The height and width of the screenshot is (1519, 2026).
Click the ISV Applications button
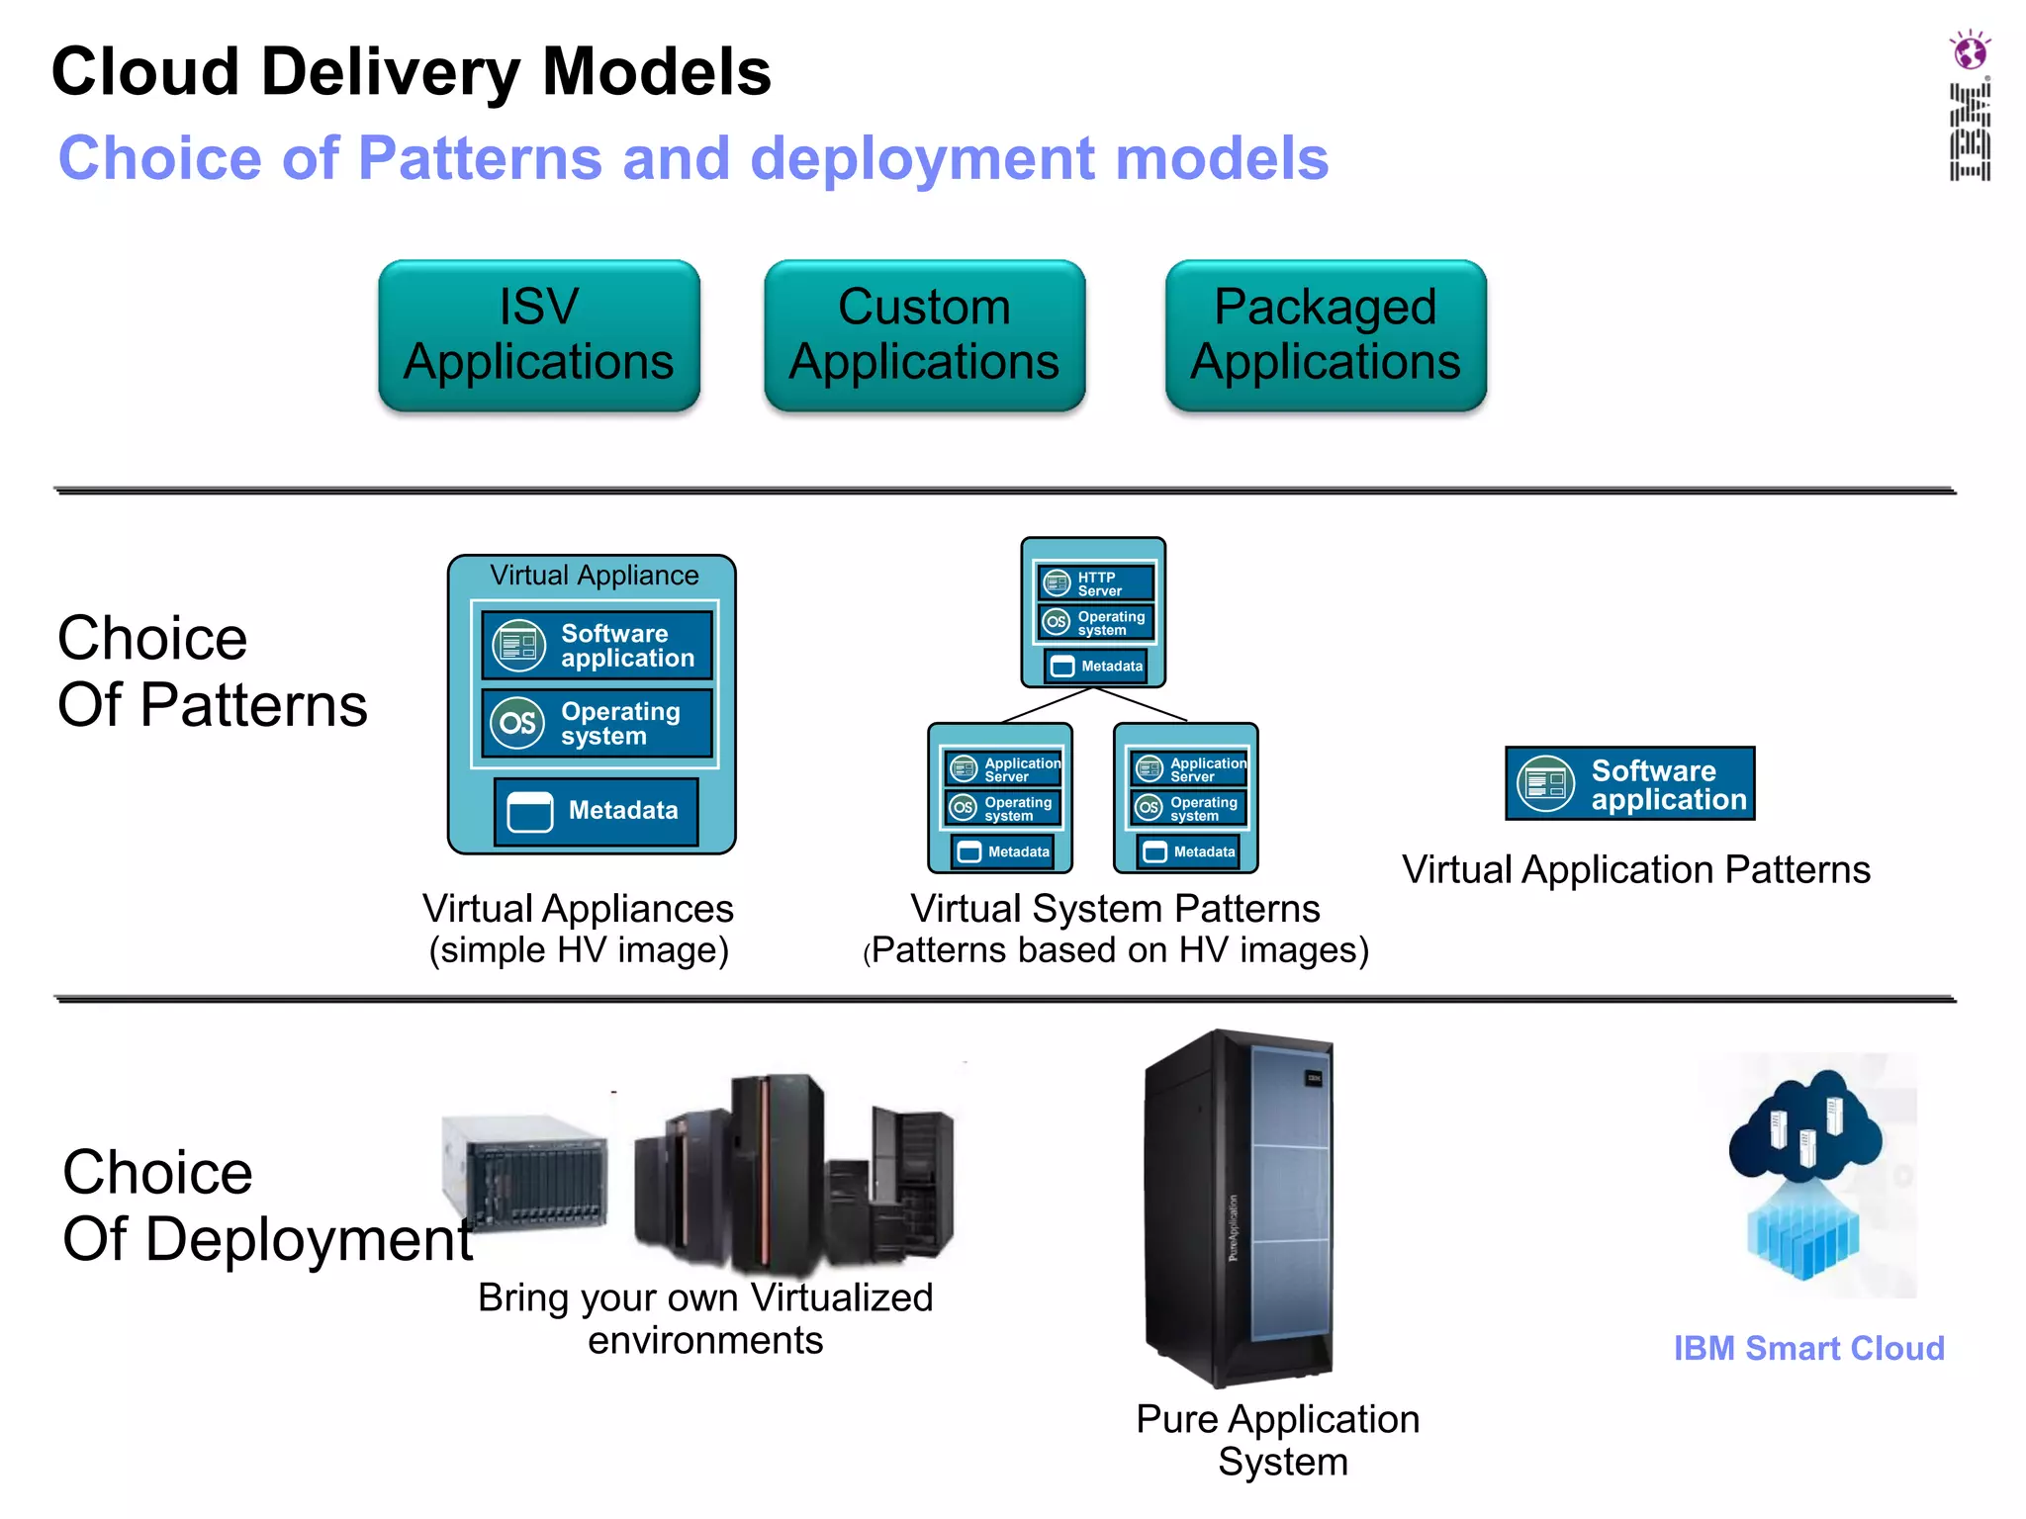tap(539, 334)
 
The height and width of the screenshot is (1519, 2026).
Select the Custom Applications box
tap(924, 334)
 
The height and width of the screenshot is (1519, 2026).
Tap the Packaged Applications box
tap(1326, 334)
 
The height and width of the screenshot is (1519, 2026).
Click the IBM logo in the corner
tap(1970, 132)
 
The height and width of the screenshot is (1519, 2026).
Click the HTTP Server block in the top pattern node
tap(1095, 583)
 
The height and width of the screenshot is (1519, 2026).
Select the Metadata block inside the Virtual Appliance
tap(597, 811)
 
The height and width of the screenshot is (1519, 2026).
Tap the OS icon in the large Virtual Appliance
tap(518, 723)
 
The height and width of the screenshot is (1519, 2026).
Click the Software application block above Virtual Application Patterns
tap(1629, 784)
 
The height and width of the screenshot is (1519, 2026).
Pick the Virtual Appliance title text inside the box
tap(594, 576)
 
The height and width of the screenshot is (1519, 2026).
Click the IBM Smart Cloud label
tap(1808, 1348)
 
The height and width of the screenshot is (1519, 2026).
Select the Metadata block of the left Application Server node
tap(1001, 851)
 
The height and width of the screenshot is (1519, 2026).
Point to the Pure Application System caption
tap(1278, 1440)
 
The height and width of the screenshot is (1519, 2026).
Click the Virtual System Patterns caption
tap(1115, 908)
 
